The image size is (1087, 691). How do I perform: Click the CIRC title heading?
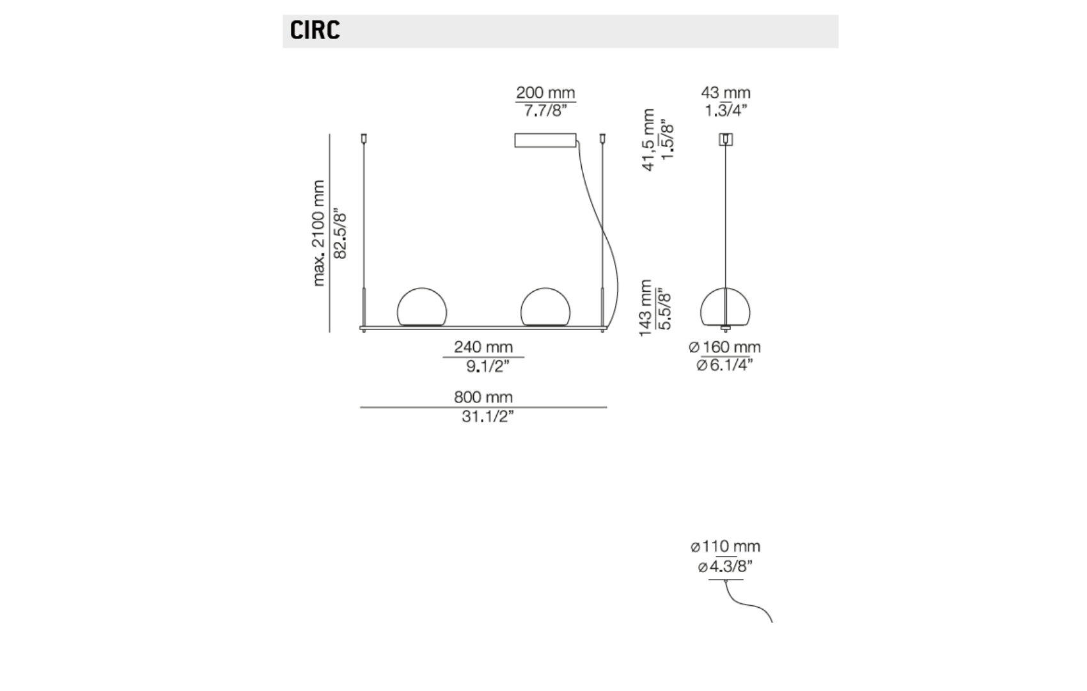click(315, 31)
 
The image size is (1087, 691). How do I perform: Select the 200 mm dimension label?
click(545, 93)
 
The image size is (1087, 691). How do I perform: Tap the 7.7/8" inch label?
click(545, 111)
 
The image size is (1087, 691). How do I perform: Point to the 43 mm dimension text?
click(726, 93)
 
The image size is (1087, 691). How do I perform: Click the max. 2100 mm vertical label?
click(319, 233)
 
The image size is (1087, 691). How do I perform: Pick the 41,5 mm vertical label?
click(648, 140)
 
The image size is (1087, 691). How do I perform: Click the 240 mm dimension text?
click(483, 347)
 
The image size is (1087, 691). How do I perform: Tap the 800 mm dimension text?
click(483, 397)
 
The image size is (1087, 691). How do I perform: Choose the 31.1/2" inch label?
click(488, 417)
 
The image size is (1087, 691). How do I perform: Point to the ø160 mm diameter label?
click(725, 347)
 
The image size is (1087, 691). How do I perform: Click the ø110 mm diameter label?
click(726, 546)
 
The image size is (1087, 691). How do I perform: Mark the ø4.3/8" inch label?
click(726, 566)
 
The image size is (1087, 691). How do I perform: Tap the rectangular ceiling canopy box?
click(545, 140)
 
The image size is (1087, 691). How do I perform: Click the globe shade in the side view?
click(726, 308)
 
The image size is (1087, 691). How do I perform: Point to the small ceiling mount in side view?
click(726, 139)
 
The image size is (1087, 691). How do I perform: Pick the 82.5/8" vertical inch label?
click(341, 234)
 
